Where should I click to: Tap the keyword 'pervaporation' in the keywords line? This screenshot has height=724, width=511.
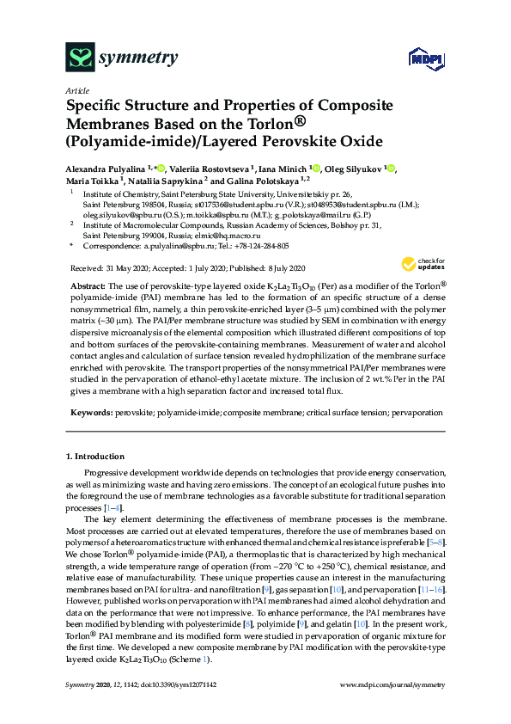(418, 413)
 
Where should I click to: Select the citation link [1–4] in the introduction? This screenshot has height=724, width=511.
(113, 510)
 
